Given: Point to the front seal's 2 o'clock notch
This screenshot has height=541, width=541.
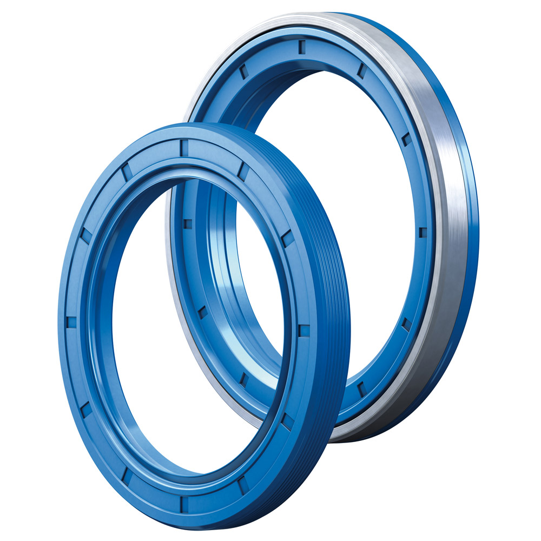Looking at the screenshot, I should click(287, 238).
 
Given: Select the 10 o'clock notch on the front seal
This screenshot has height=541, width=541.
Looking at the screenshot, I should click(86, 235).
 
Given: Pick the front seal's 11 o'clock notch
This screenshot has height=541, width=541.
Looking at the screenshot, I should click(126, 172).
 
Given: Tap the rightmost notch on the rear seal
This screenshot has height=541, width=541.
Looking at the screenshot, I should click(423, 232).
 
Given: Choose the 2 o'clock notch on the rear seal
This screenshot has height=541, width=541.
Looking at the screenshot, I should click(406, 139).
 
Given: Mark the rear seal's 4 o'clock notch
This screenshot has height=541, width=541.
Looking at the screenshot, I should click(406, 324).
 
